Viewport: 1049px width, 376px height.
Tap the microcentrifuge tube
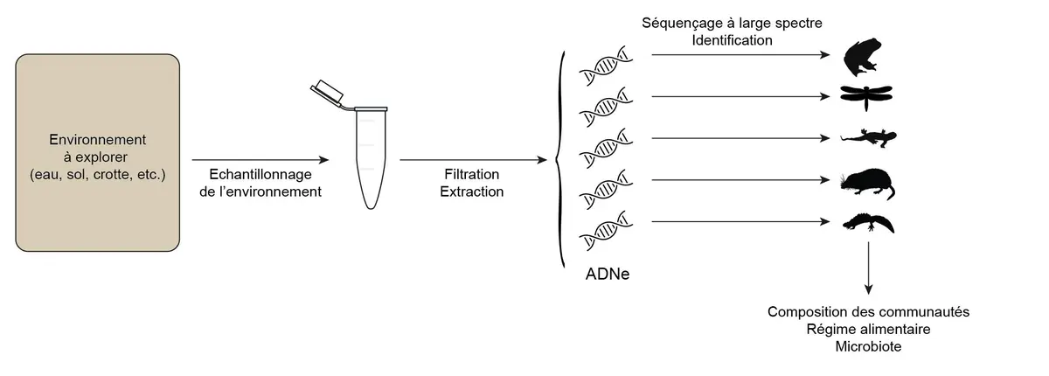[x=372, y=157]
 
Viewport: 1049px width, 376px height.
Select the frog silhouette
[x=865, y=58]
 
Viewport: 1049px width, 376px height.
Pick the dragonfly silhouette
[x=865, y=95]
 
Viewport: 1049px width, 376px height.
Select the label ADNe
[x=608, y=275]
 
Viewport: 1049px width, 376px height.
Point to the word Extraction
[x=472, y=191]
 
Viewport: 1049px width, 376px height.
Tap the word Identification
[x=732, y=39]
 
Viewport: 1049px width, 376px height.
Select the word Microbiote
[x=868, y=346]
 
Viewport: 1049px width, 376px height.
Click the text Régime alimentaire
[x=868, y=329]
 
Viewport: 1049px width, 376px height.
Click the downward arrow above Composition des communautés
[x=868, y=267]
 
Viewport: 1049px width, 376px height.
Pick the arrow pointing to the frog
[x=739, y=55]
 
